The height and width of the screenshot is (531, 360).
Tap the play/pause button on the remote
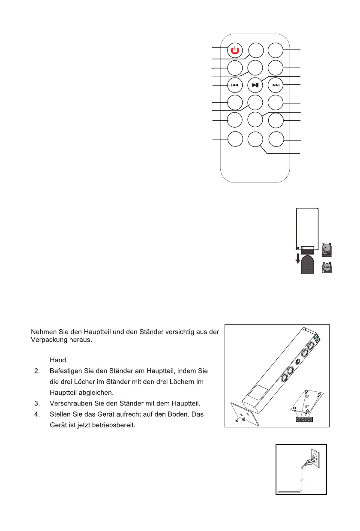[255, 85]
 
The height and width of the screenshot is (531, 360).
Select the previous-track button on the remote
[234, 85]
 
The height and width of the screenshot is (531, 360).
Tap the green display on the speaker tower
[318, 338]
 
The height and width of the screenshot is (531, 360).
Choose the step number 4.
[37, 414]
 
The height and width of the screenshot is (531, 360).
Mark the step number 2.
[37, 370]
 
